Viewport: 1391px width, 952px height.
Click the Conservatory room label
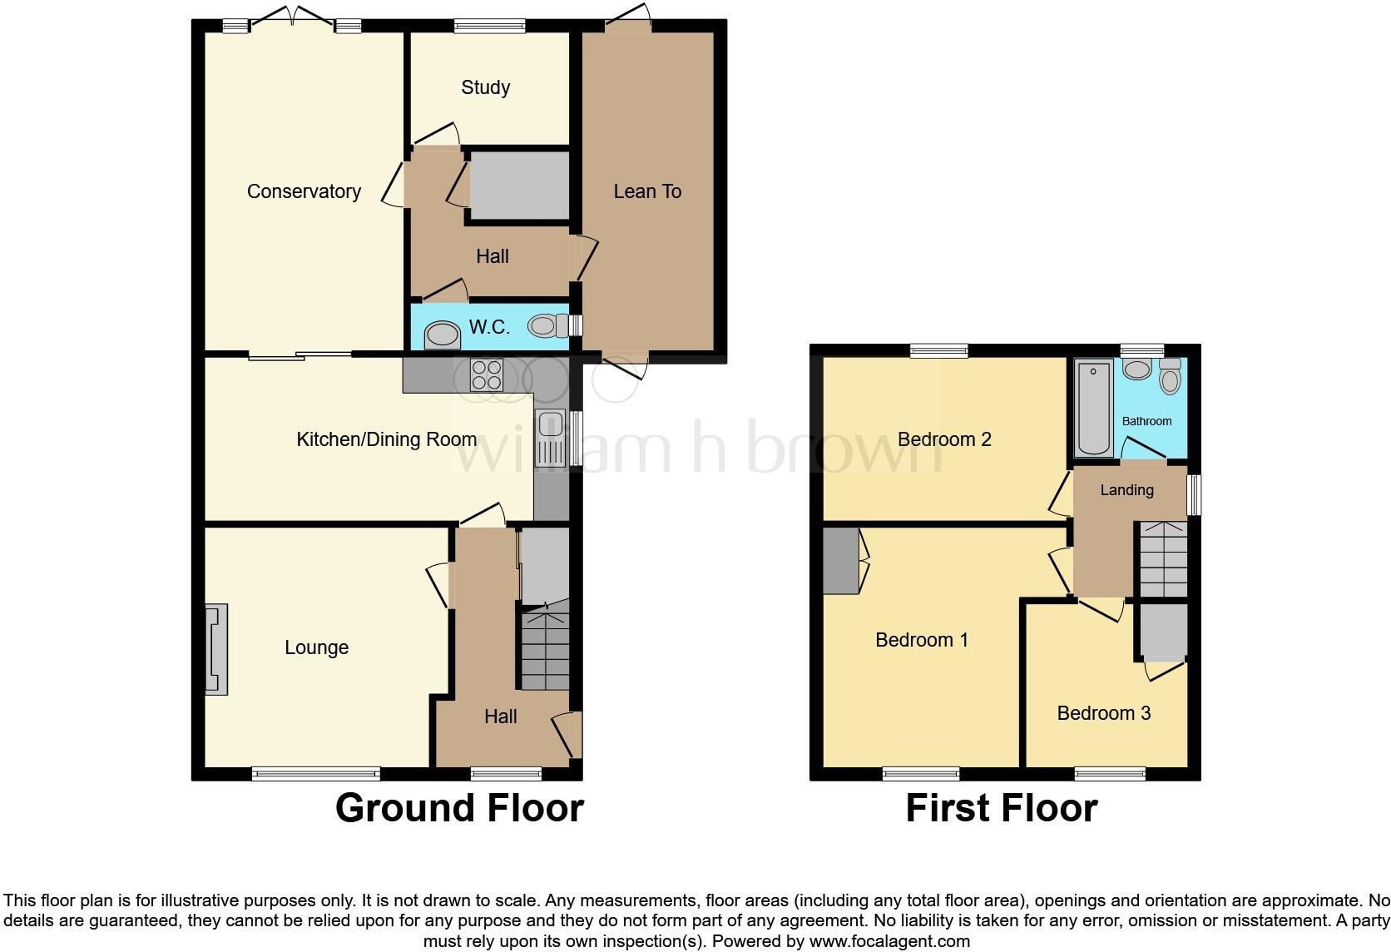pos(304,191)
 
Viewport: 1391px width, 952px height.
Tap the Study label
pos(485,87)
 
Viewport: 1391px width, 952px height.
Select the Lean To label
pos(647,191)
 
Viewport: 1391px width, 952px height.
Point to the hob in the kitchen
pos(487,374)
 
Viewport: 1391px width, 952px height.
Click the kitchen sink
pos(551,438)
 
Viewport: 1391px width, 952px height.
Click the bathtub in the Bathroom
pos(1093,408)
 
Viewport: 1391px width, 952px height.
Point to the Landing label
pos(1126,490)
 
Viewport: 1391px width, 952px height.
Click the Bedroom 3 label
pos(1103,713)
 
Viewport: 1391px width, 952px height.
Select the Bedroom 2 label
pos(944,439)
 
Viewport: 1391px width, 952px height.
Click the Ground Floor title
pos(459,808)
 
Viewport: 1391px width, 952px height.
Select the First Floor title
pos(1001,808)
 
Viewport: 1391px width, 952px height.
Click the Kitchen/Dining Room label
pos(386,439)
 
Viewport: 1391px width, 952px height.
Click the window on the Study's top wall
pos(490,27)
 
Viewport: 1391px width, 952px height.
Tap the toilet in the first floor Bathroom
pos(1170,378)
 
